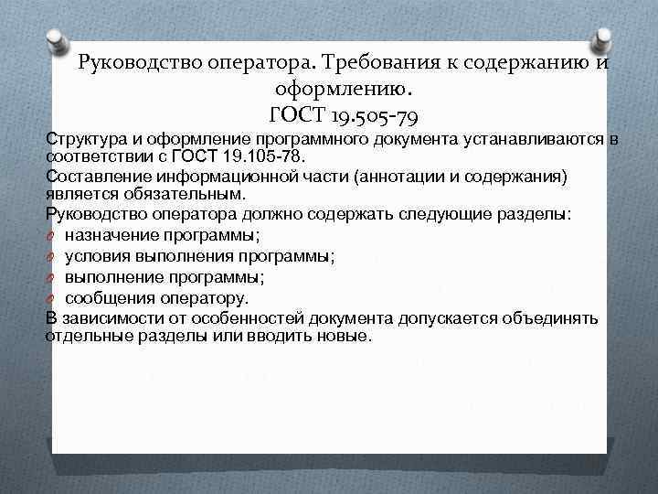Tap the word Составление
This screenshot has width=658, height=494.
pos(95,176)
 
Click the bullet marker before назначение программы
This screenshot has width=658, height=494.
pos(51,236)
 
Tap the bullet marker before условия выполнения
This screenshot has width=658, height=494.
pos(51,256)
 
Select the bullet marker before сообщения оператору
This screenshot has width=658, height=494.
pos(51,299)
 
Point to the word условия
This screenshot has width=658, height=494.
pos(98,255)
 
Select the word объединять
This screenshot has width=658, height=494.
pos(553,318)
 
